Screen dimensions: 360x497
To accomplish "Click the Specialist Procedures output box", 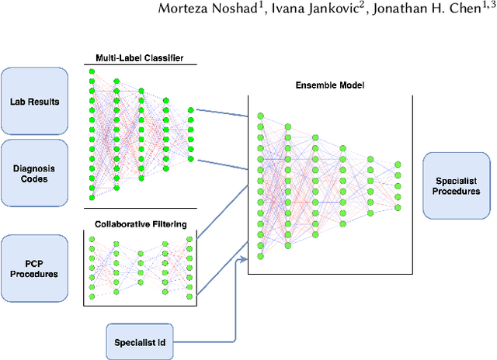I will click(x=456, y=186).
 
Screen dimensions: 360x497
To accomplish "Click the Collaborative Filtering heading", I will click(x=140, y=225).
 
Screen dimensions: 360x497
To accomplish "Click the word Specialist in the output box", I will click(x=456, y=180).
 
